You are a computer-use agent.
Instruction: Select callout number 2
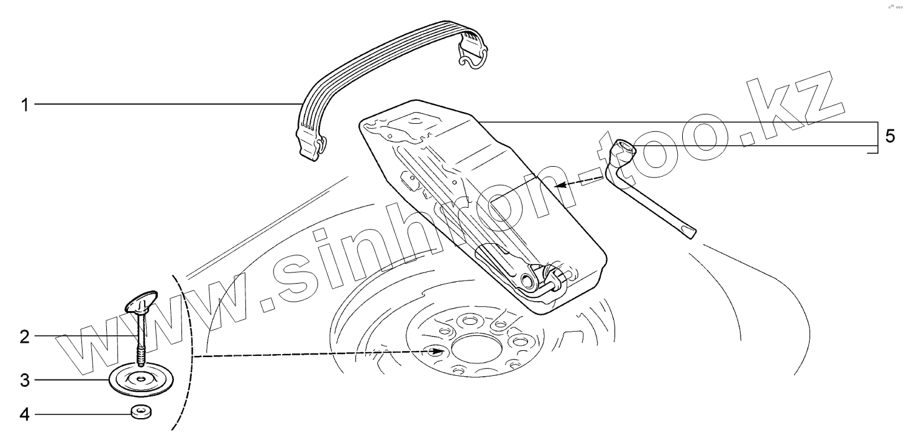point(25,337)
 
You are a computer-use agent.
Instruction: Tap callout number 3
point(25,380)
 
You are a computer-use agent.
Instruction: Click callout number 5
point(890,136)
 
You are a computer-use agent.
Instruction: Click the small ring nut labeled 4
point(142,412)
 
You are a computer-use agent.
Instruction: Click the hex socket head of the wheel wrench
point(623,150)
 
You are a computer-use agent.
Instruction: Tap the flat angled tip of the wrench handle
point(689,233)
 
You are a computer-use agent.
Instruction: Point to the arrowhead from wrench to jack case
point(559,185)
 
